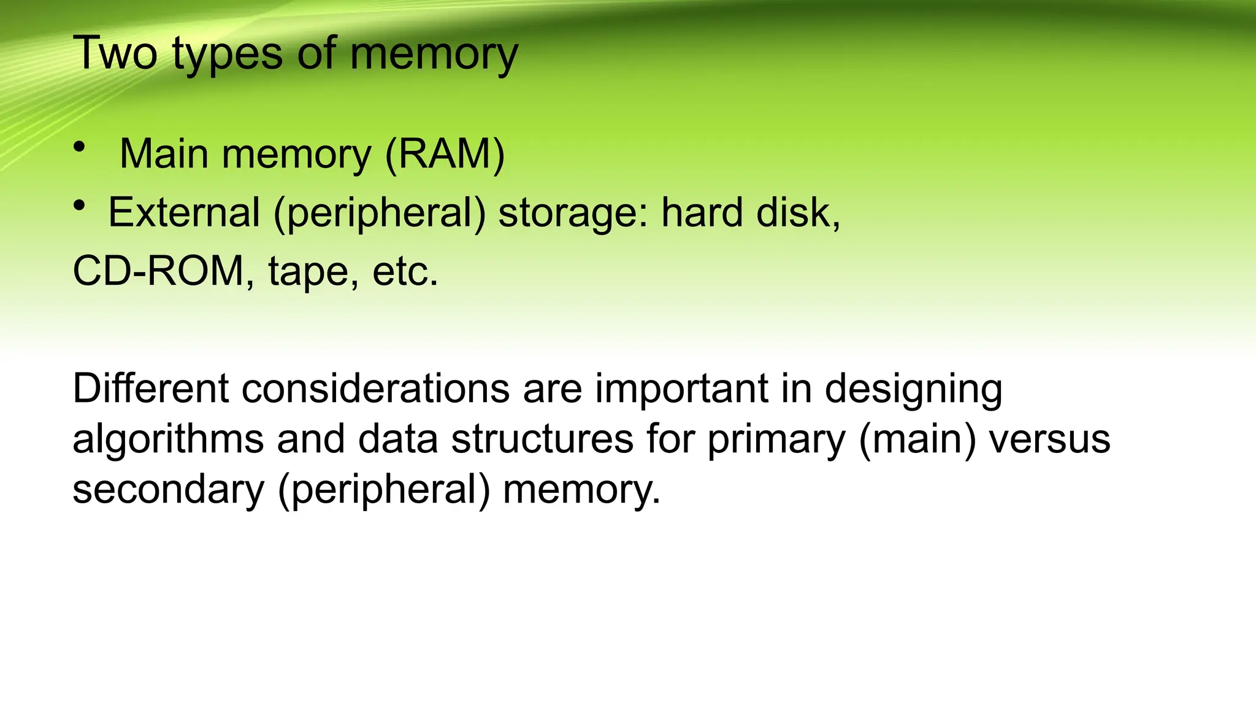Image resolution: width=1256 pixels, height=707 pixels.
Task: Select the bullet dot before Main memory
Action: pos(79,147)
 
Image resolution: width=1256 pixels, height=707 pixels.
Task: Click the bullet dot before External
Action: pos(79,206)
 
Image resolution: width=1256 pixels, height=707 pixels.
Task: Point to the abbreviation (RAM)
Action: pos(445,153)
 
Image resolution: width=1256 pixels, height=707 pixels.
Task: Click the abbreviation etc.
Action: pos(405,272)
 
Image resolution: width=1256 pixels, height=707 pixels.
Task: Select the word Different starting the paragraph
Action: pos(151,388)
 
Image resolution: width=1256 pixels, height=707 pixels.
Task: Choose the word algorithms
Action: pos(168,439)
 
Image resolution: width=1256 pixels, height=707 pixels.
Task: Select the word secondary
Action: pos(169,490)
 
